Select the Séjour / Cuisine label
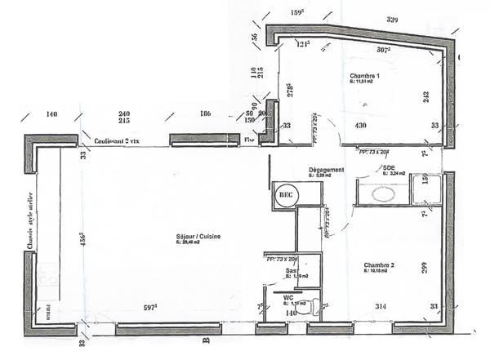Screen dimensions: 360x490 pyautogui.click(x=198, y=238)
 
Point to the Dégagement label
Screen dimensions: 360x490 pyautogui.click(x=326, y=170)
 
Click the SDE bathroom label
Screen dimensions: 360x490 pyautogui.click(x=389, y=167)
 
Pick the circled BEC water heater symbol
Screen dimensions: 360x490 pyautogui.click(x=286, y=195)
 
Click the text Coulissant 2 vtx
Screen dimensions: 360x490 pyautogui.click(x=117, y=140)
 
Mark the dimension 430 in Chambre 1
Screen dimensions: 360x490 pyautogui.click(x=361, y=126)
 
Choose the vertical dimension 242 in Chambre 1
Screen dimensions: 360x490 pyautogui.click(x=425, y=96)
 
